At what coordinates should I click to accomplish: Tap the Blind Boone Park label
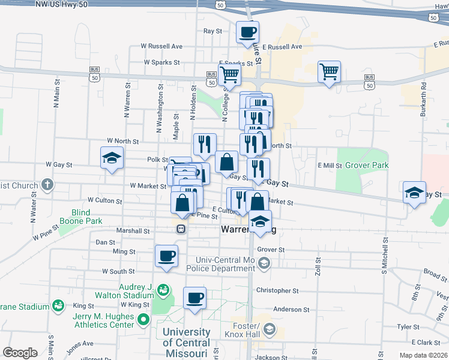[87, 217]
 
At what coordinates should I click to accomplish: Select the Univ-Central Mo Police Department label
[225, 263]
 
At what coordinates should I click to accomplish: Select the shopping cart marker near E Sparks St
[229, 75]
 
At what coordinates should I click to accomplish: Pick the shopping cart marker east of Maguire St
[329, 72]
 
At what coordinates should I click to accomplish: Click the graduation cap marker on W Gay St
[111, 158]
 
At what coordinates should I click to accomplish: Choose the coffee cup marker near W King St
[194, 298]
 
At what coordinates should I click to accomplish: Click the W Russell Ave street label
[161, 46]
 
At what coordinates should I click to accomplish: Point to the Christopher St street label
[277, 290]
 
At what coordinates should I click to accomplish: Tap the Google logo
[19, 353]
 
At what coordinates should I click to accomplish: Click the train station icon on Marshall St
[180, 229]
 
